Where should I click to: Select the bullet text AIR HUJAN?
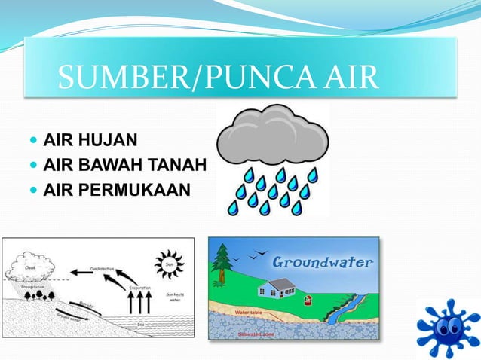[90, 139]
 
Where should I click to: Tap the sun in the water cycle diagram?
[168, 264]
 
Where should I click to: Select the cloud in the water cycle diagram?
[31, 265]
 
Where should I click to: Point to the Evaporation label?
[140, 288]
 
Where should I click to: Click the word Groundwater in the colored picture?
[323, 262]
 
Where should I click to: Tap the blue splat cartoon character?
[449, 327]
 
